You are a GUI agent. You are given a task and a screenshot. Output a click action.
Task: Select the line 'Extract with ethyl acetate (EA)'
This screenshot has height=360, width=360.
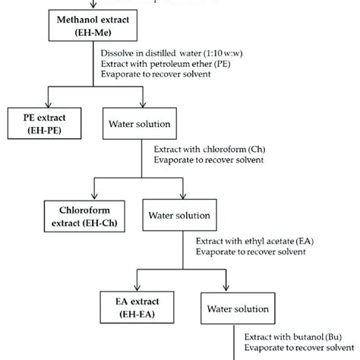pyautogui.click(x=254, y=242)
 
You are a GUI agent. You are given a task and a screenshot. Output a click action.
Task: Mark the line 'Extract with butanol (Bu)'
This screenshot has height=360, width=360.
pyautogui.click(x=295, y=335)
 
